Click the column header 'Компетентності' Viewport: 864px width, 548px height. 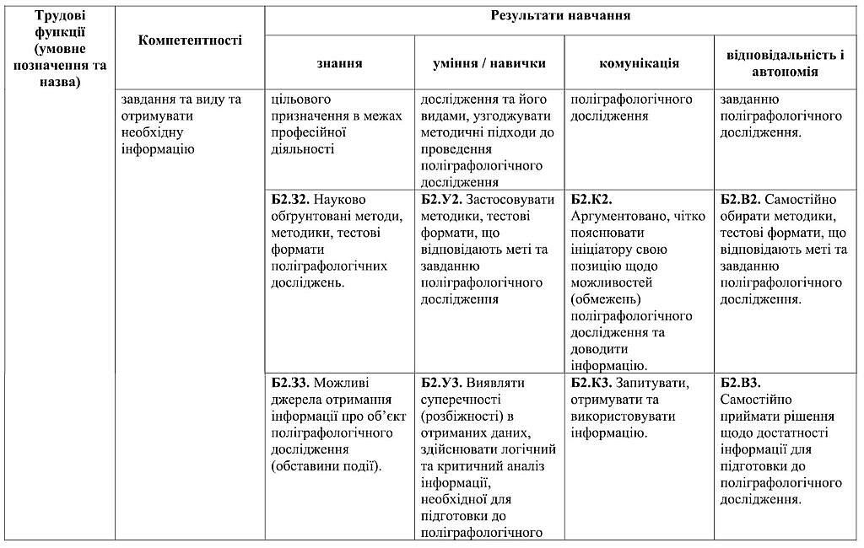(190, 40)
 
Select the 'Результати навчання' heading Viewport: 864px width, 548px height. (560, 17)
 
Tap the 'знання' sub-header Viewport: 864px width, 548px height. (340, 62)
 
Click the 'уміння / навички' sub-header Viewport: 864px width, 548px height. (489, 62)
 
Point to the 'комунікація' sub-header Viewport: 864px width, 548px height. (639, 62)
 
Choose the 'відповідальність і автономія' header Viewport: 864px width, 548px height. (786, 62)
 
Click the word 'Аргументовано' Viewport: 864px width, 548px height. (619, 217)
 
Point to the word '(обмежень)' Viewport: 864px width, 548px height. (605, 299)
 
